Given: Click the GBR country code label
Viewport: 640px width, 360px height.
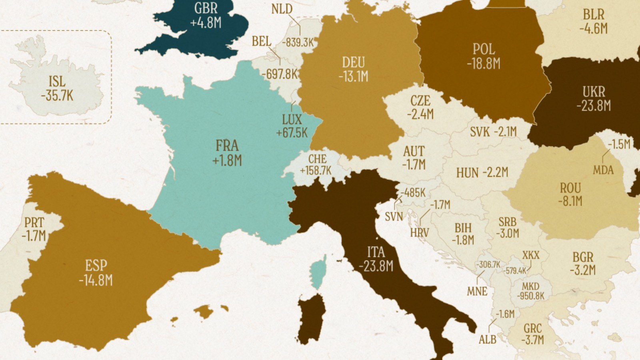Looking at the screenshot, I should coord(206,8).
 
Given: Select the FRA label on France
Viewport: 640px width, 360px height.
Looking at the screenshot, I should coord(227,145).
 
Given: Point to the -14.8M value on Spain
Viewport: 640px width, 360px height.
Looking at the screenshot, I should coord(96,280).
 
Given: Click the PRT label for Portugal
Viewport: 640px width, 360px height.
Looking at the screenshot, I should coord(34,222).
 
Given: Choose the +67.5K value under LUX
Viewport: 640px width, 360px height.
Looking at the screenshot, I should coord(292,133).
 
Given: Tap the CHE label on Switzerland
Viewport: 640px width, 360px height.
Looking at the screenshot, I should coord(317,159).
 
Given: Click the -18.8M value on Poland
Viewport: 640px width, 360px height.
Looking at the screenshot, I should coord(483,64).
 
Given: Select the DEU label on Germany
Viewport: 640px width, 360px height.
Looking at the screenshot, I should coord(353,62).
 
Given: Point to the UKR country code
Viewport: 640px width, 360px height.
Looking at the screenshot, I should coord(594,92).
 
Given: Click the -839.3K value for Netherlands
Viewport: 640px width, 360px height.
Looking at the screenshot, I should coord(298,42).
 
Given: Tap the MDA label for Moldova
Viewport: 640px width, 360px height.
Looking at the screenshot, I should coord(603,170).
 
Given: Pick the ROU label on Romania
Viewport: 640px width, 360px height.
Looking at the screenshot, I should coord(570,188).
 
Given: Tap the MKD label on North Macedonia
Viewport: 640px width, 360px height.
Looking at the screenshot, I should coord(531,286).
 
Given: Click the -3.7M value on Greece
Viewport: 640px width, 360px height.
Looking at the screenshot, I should coord(532,340).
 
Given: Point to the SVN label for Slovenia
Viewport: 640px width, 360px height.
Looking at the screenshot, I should coord(394,217).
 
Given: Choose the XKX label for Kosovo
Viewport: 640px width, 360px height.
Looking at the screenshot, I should coord(531,255).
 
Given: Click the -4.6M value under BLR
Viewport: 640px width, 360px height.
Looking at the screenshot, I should coord(594,29).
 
